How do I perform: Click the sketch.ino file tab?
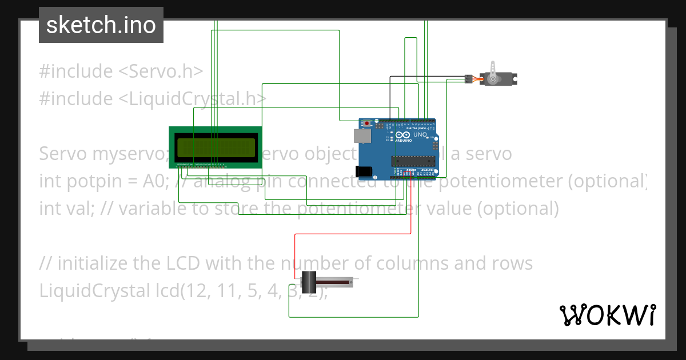click(x=101, y=25)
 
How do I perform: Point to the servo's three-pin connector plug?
click(x=467, y=79)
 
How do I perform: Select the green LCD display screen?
click(x=215, y=147)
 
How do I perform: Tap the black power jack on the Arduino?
click(x=364, y=171)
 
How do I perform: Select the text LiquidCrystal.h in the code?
click(x=192, y=99)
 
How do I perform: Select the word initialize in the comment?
click(x=90, y=263)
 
